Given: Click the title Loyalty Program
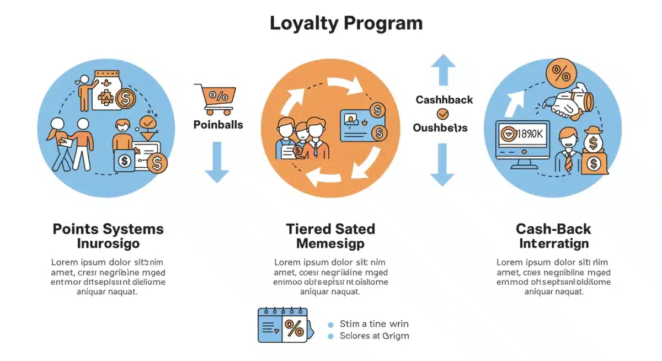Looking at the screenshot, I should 346,24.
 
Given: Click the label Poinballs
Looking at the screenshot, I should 218,125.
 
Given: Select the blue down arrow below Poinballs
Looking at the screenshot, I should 217,162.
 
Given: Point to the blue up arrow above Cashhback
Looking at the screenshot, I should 443,69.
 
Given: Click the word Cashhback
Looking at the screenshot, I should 444,100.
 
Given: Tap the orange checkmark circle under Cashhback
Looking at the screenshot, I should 442,114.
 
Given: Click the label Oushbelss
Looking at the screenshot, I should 440,128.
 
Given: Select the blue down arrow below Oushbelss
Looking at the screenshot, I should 442,164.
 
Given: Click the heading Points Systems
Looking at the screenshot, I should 108,229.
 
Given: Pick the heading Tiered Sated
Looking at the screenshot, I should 330,229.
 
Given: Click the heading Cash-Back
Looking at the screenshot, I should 553,229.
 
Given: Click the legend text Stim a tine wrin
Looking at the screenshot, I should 374,324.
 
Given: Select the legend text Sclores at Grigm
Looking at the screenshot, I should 375,336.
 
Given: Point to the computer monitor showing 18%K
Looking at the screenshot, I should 522,138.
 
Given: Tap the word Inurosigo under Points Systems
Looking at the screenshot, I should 109,243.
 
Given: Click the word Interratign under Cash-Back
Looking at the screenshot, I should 553,243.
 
